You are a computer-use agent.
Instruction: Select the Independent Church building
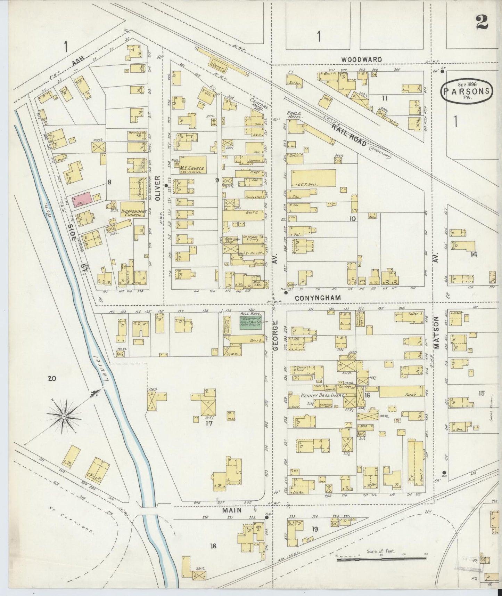(x=131, y=210)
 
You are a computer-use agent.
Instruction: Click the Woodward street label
(x=361, y=59)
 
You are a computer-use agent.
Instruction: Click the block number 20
(x=52, y=379)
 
